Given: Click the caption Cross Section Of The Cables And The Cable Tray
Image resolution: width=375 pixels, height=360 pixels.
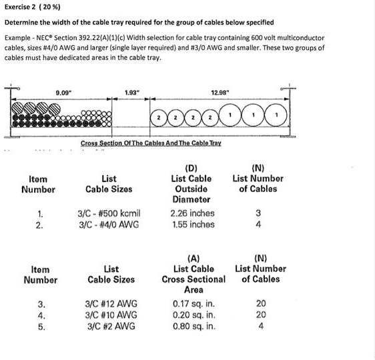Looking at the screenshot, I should (150, 144).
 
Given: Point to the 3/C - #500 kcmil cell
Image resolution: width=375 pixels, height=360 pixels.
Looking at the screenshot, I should (109, 213).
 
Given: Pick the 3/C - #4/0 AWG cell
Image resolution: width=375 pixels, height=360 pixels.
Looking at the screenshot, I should (109, 225).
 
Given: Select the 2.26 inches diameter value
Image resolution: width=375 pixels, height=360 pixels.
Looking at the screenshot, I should (192, 213).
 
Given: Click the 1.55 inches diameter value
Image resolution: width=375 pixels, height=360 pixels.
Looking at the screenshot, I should (192, 225).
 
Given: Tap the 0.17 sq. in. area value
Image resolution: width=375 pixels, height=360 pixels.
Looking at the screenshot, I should (194, 304).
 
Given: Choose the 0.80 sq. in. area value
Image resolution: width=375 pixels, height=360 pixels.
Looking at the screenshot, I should (194, 327).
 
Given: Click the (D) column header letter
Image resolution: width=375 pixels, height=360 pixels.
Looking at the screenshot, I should (192, 167).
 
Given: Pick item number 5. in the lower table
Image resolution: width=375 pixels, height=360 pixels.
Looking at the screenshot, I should (41, 327).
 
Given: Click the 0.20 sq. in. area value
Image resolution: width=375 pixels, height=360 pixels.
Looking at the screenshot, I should (194, 315).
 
